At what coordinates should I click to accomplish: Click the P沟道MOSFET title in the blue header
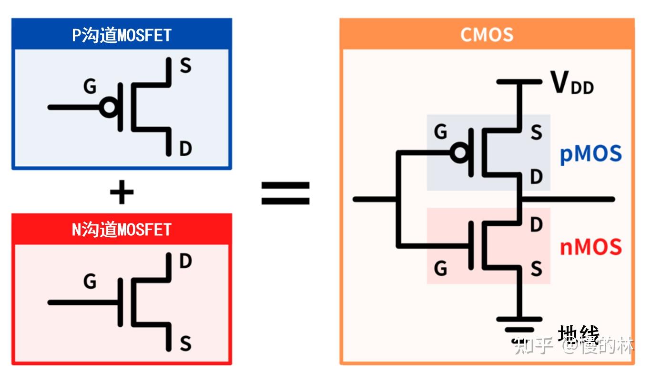tap(122, 35)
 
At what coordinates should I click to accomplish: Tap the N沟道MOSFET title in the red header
tap(122, 230)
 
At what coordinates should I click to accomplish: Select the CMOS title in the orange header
tap(487, 35)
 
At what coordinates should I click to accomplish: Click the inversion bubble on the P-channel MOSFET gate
tap(109, 108)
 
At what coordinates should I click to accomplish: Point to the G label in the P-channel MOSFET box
tap(90, 87)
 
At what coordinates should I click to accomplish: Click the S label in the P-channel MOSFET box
tap(185, 66)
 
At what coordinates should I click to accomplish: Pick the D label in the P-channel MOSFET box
tap(185, 149)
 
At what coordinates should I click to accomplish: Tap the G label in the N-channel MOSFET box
tap(90, 282)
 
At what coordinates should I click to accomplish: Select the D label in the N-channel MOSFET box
tap(185, 261)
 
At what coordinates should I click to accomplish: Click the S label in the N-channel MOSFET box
tap(185, 343)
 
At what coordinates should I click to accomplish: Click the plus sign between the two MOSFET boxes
tap(122, 193)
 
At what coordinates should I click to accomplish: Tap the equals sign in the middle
tap(285, 193)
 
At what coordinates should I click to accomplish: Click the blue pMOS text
tap(591, 154)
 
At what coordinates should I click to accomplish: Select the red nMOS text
tap(591, 247)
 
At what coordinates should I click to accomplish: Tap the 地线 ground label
tap(578, 334)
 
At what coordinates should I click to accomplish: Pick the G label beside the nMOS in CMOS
tap(441, 269)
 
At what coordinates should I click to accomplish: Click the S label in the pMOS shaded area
tap(537, 132)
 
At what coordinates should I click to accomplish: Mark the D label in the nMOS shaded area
tap(537, 224)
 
